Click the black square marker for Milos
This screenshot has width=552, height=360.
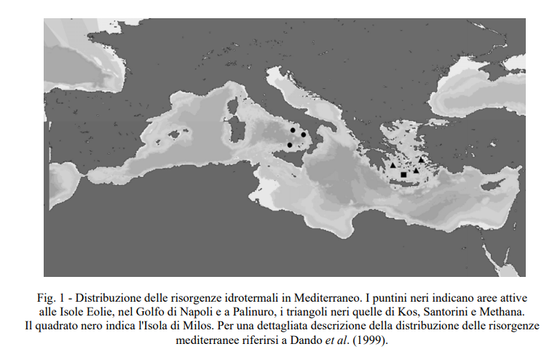403,175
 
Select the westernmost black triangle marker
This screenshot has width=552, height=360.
393,165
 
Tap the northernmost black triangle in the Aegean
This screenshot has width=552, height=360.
421,160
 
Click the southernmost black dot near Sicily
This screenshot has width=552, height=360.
290,145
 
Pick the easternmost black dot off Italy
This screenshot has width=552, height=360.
303,135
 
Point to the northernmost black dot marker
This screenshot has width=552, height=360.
293,130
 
